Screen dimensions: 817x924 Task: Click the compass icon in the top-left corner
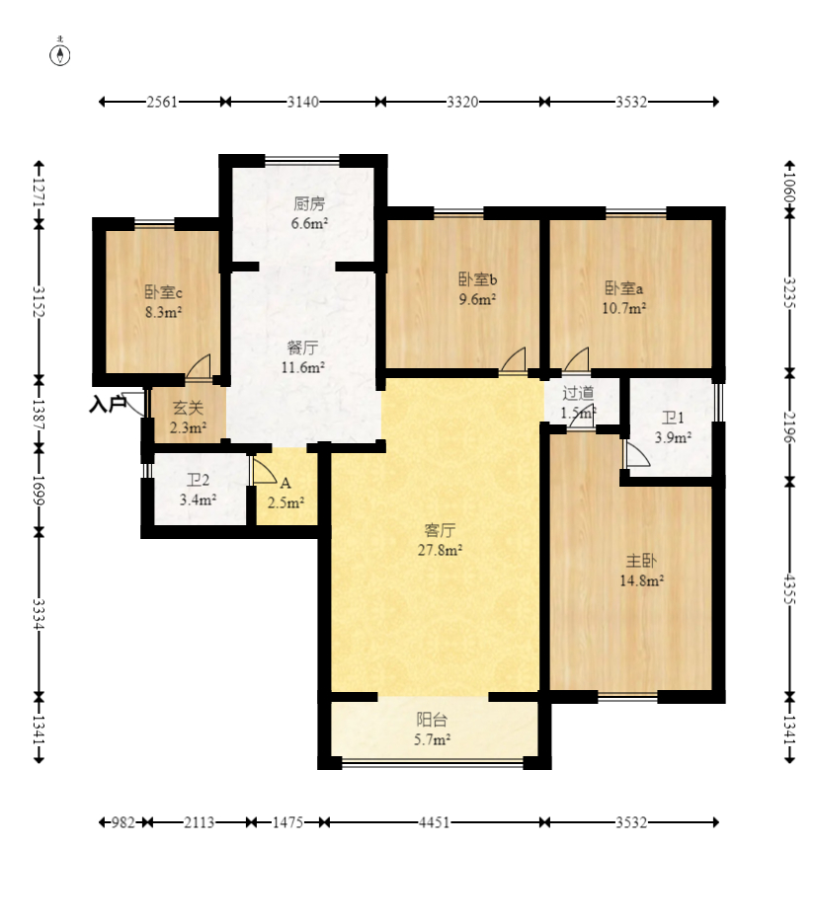tap(59, 52)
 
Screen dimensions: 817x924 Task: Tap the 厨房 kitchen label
tap(309, 204)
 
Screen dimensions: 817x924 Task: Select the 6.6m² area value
tap(309, 223)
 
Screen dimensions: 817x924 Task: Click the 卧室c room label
tap(163, 292)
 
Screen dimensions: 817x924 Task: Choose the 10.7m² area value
tap(623, 308)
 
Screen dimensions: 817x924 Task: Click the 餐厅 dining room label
tap(302, 347)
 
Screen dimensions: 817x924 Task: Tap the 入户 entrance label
tap(108, 405)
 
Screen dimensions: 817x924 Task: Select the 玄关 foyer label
tap(188, 407)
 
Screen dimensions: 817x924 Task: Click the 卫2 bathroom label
tap(199, 481)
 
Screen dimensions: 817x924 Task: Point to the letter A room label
tap(286, 484)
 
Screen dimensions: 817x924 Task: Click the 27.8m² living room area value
tap(440, 550)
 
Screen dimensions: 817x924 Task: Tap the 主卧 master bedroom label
tap(641, 561)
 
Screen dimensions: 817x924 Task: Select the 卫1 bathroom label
tap(673, 418)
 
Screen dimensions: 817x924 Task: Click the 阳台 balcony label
tap(432, 720)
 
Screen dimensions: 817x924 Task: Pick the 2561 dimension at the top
tap(162, 102)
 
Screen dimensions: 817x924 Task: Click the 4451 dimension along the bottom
tap(434, 822)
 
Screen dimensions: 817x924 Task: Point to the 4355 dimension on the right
tap(790, 590)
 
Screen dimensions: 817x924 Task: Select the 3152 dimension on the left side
tap(39, 301)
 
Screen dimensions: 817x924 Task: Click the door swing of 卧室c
tap(199, 366)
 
